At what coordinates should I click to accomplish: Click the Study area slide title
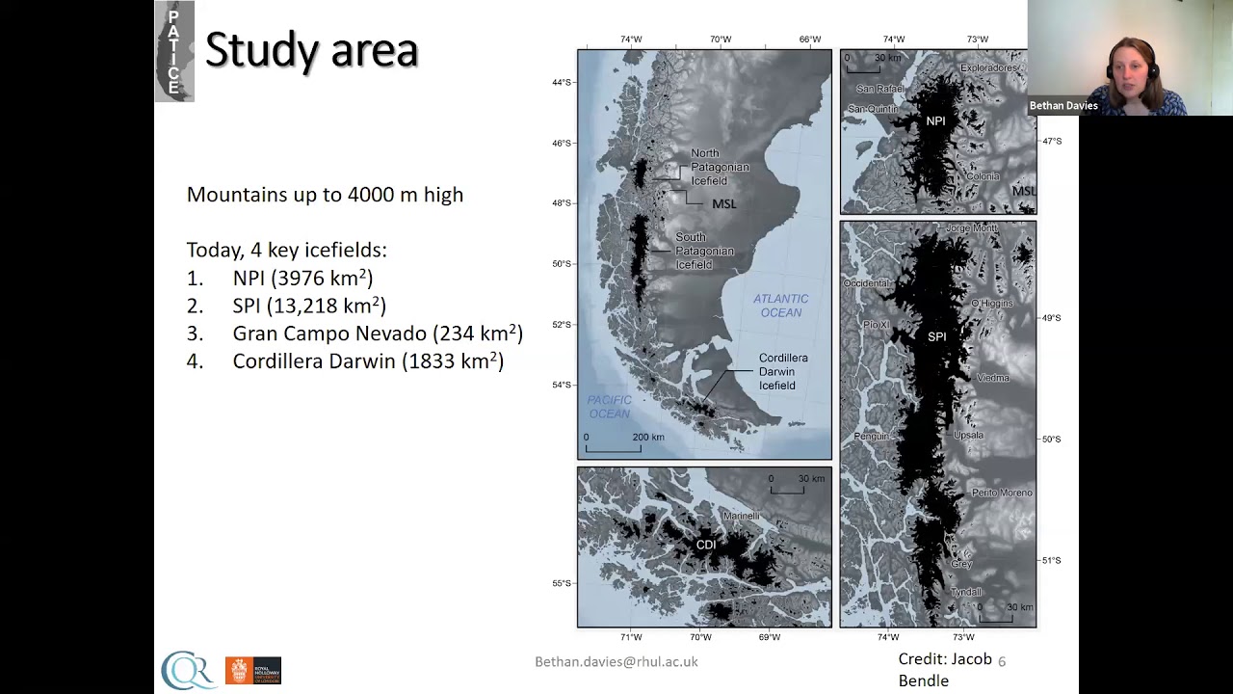point(311,50)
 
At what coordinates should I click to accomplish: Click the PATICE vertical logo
point(173,52)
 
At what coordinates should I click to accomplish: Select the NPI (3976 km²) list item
point(302,279)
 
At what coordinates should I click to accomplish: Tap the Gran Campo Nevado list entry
point(377,334)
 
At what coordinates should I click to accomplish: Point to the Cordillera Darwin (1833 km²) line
point(367,361)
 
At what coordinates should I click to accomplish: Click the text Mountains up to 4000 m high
point(325,195)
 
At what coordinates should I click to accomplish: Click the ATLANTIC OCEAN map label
point(780,306)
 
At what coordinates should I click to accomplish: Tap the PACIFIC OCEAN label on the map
point(609,407)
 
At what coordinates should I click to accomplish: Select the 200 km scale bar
point(613,446)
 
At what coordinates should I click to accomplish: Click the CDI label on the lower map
point(706,546)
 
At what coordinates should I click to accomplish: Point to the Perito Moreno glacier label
point(1002,493)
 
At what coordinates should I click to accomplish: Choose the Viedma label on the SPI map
point(992,378)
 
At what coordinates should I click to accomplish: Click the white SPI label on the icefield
point(936,337)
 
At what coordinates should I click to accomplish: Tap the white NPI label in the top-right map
point(935,121)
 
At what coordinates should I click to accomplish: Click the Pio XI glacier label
point(876,326)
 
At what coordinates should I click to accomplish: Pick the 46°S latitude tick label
point(561,144)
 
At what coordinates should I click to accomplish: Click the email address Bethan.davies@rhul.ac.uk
point(616,661)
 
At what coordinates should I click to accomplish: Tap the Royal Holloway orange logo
point(252,670)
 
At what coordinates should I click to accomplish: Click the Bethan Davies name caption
point(1063,106)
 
